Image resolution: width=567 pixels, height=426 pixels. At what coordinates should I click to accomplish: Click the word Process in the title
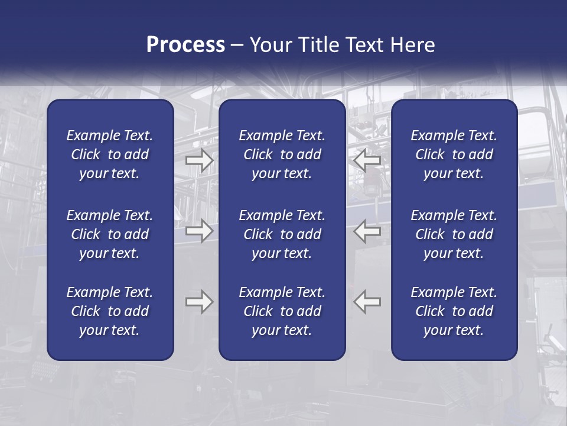(185, 45)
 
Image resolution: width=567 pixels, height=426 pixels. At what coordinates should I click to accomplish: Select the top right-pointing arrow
(199, 160)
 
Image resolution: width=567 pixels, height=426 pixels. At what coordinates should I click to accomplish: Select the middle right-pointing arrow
(199, 231)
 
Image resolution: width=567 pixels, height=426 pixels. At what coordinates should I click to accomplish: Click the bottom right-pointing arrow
(199, 302)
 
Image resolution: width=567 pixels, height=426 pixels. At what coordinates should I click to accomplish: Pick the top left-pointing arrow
(367, 160)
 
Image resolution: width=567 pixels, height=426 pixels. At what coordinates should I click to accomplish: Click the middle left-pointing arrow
(367, 231)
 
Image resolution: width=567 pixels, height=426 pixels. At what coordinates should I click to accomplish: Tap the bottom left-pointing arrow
(367, 302)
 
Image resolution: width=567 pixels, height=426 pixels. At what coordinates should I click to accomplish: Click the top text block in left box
(110, 154)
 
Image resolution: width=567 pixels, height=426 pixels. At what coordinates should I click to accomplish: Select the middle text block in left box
(110, 234)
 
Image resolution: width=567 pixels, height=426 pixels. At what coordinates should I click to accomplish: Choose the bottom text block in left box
(110, 311)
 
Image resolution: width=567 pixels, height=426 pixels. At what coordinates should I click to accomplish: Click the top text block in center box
(282, 154)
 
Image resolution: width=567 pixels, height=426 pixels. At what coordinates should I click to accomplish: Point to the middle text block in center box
(282, 234)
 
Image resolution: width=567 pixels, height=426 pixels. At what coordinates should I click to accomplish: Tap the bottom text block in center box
(282, 311)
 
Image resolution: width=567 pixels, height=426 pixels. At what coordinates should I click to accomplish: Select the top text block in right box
(454, 154)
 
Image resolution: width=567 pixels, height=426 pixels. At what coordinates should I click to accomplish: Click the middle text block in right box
(454, 234)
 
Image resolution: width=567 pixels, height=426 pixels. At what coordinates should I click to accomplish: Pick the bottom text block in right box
(454, 311)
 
